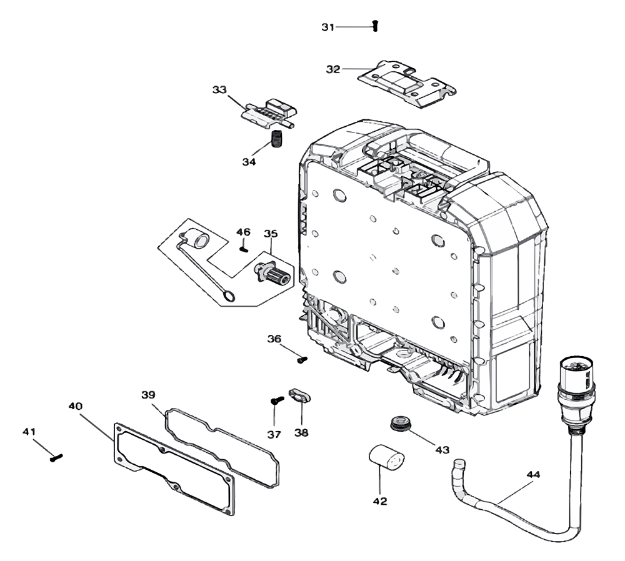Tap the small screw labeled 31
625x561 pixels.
(375, 26)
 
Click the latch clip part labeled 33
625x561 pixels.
(270, 113)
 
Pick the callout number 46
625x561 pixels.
(243, 232)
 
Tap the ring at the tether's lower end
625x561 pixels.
(229, 295)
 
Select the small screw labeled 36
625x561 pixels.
(302, 359)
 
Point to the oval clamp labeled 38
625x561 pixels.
(300, 396)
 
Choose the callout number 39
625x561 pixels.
(148, 395)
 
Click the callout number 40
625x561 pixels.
(76, 406)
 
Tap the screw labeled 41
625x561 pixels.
(56, 458)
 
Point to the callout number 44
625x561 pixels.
(533, 475)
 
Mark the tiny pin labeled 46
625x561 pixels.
(244, 248)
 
